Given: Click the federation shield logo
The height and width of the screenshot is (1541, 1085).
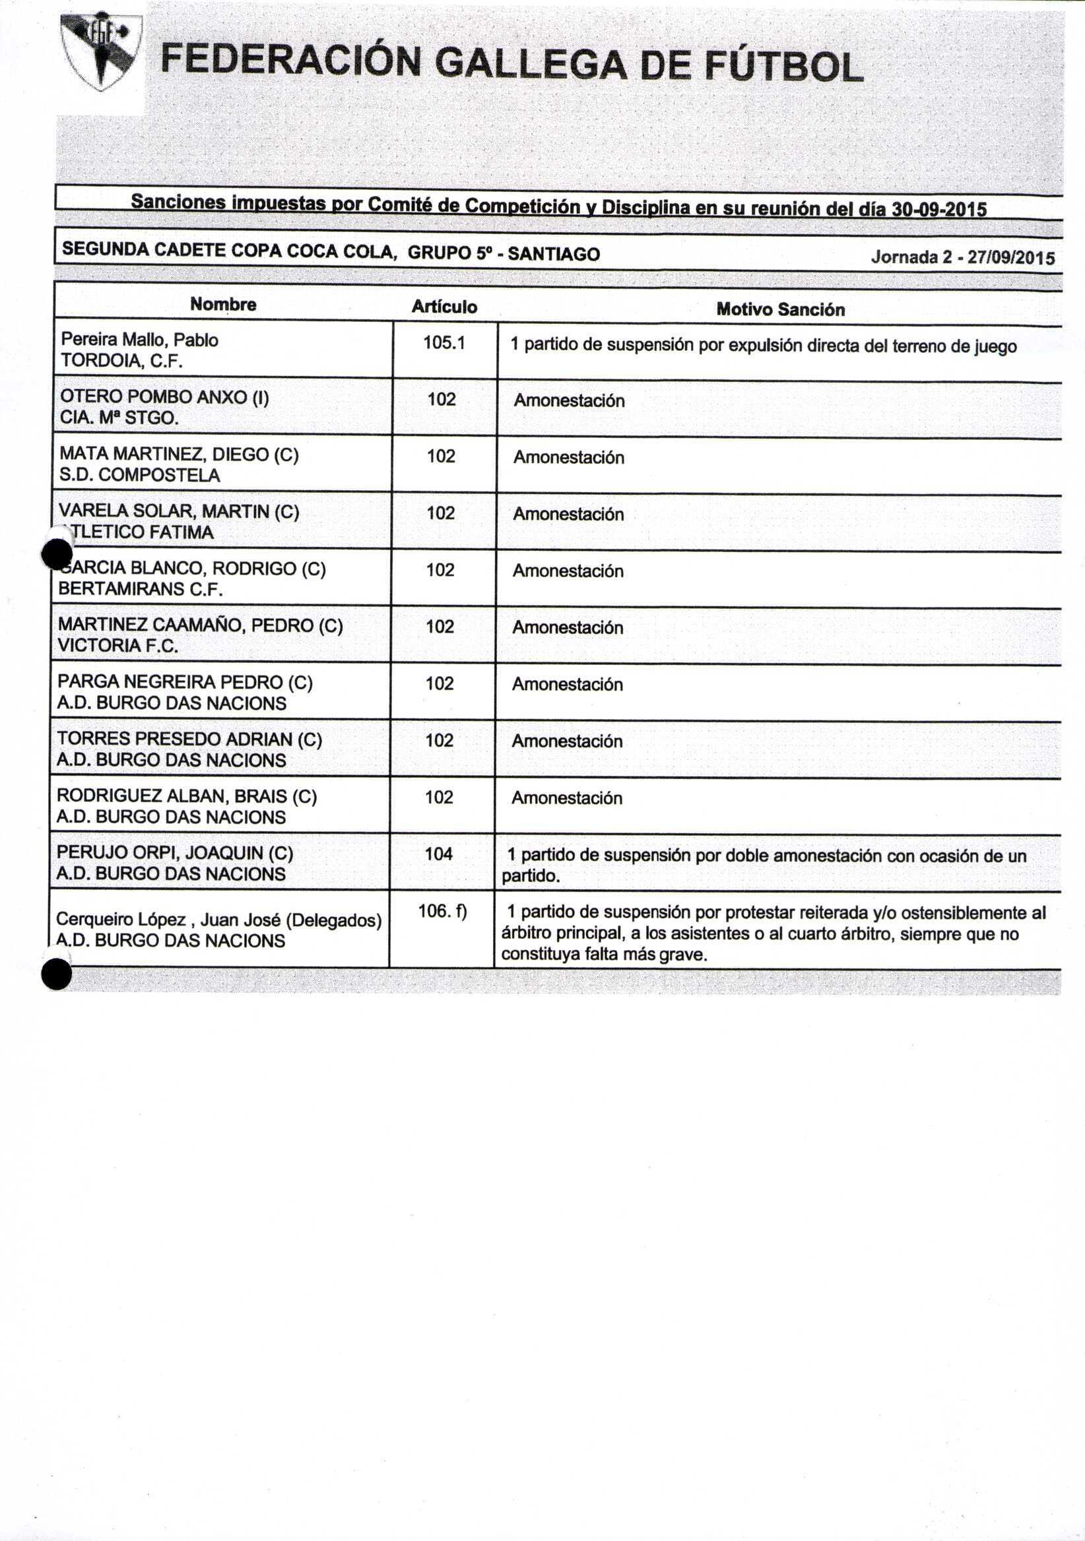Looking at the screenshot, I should [x=101, y=51].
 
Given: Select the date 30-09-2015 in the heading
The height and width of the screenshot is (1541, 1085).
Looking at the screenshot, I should [x=938, y=209].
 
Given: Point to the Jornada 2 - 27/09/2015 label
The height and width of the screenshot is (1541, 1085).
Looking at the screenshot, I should [x=962, y=257].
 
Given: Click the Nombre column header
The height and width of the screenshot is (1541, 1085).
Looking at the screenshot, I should [x=223, y=304].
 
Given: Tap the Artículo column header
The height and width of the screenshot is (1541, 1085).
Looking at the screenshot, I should [x=444, y=307].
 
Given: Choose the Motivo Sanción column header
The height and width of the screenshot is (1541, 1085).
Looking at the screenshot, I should [x=780, y=309].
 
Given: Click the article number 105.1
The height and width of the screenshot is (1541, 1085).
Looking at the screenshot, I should [x=444, y=343].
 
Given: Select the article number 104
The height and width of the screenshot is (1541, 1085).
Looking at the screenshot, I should [x=438, y=854].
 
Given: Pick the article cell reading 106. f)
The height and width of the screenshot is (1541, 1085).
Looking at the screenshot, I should [x=442, y=911].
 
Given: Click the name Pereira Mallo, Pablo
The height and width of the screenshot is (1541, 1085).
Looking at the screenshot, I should [x=139, y=340].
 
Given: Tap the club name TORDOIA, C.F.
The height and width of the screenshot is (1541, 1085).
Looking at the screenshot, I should [x=121, y=361].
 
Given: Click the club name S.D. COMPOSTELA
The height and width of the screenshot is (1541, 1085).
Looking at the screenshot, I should [x=140, y=475].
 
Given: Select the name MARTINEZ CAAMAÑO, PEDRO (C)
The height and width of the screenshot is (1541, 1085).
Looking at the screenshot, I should [x=200, y=625].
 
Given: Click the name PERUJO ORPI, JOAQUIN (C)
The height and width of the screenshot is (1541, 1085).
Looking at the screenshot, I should [x=175, y=852].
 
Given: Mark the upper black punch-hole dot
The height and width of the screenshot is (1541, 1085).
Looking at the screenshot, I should [x=57, y=554].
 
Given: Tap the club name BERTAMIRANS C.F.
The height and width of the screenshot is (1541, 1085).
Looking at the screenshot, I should [x=141, y=588].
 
